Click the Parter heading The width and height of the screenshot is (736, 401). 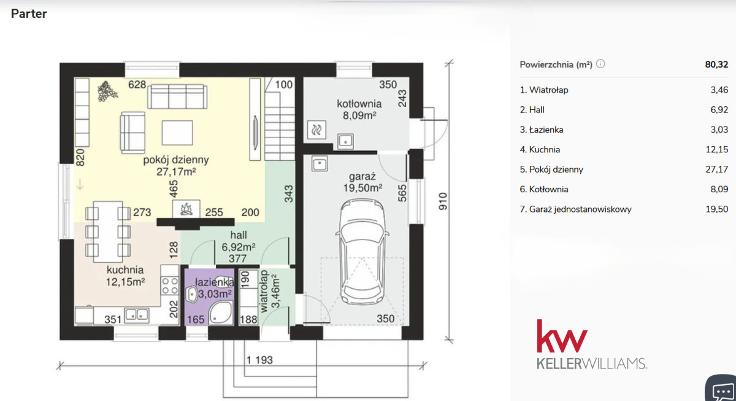click(x=29, y=14)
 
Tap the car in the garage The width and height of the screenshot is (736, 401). click(x=362, y=252)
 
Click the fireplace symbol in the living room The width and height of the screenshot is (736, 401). click(x=186, y=209)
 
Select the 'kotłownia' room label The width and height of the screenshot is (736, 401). click(x=359, y=104)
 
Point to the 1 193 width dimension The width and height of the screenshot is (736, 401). click(x=259, y=360)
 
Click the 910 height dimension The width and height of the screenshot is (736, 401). click(x=443, y=201)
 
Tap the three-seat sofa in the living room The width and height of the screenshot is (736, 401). click(x=177, y=96)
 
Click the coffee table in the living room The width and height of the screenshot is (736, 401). click(x=177, y=133)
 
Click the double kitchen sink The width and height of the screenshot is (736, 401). click(x=137, y=315)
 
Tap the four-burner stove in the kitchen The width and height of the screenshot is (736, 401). click(x=170, y=286)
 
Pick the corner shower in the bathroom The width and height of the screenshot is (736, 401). click(x=220, y=313)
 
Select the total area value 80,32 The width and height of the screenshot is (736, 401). click(x=716, y=64)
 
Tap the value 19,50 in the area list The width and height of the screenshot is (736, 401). click(x=717, y=209)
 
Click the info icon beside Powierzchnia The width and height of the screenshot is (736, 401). click(x=600, y=64)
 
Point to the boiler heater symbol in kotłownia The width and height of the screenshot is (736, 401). click(x=316, y=130)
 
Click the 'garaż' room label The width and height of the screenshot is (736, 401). click(x=362, y=177)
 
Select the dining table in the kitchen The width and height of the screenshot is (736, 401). click(x=108, y=232)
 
